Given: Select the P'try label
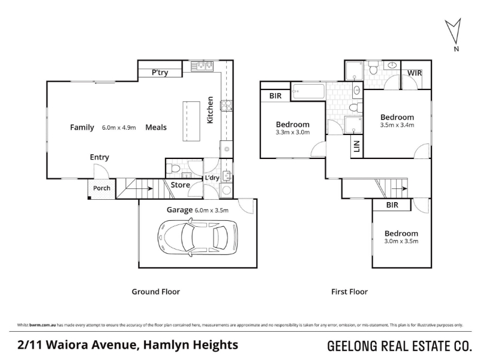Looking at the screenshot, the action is pos(160,73).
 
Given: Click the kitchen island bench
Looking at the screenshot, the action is pos(191,121).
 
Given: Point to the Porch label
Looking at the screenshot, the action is pos(101,188).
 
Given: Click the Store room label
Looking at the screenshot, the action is pos(181,185).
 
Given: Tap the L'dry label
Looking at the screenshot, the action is pos(212,178).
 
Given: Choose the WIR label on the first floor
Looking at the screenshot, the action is pos(415,73).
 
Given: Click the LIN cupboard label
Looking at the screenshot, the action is pos(356,146).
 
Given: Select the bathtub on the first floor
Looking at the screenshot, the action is pos(308,91).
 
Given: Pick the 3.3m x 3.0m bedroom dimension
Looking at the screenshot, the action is pos(293,133).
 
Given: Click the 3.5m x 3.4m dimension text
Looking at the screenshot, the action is pos(397,125).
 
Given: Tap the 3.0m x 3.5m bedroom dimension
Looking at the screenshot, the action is pos(401,241).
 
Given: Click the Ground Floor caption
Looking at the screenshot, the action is pos(156,292).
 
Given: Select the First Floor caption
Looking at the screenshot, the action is pos(350,292).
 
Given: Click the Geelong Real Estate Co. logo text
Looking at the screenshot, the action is pos(400,346).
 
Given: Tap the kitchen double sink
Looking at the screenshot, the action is pos(202,66).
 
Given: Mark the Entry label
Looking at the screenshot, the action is pos(100,157).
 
